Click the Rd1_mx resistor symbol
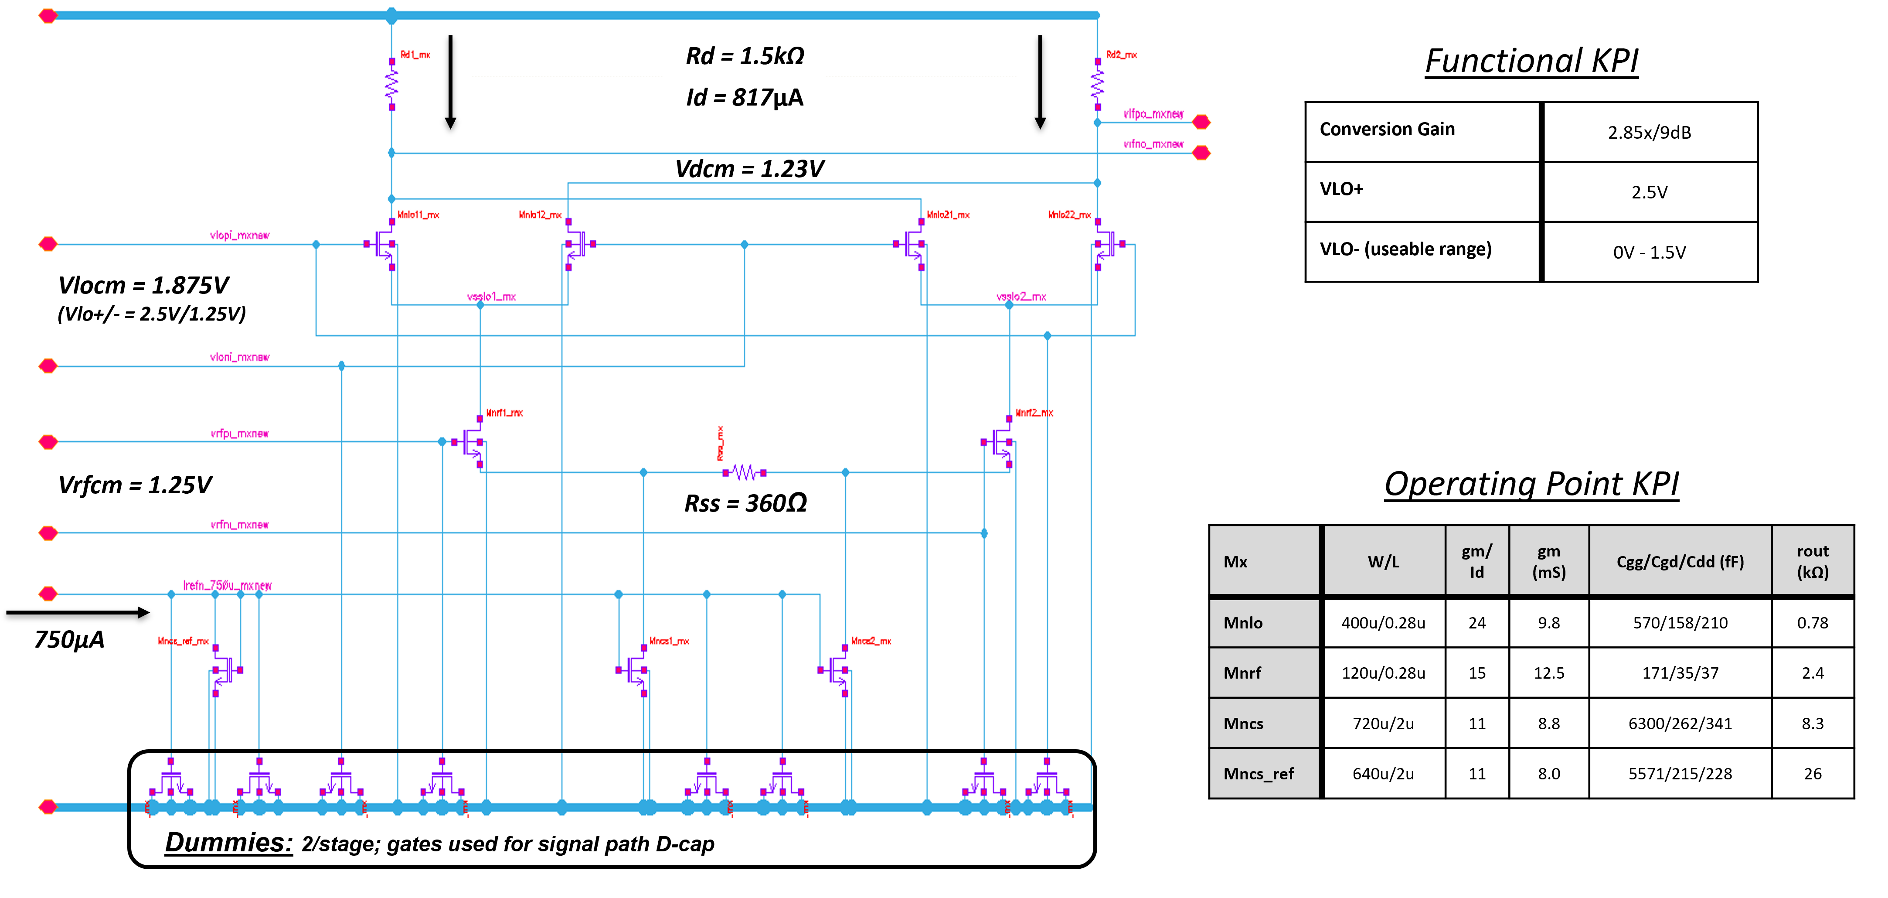tap(392, 84)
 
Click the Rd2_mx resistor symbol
tap(1097, 84)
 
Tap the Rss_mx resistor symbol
tap(745, 473)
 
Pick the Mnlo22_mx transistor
tap(1107, 244)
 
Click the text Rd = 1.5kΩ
tap(745, 56)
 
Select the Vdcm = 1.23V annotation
tap(749, 169)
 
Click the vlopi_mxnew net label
tap(240, 236)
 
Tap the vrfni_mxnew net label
tap(240, 525)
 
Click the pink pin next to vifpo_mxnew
tap(1201, 122)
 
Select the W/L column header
tap(1383, 562)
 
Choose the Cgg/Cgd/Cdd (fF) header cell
tap(1680, 562)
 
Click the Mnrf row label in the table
tap(1242, 673)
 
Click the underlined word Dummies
tap(229, 842)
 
